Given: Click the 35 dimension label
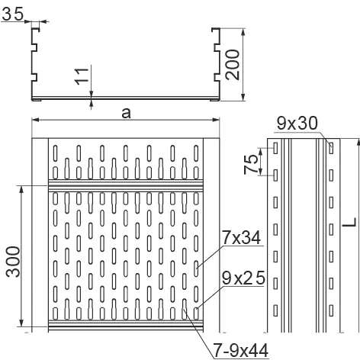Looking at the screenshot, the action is click(x=13, y=14).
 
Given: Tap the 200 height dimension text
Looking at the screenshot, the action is click(x=233, y=65).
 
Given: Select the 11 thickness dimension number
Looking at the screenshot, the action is click(x=82, y=76).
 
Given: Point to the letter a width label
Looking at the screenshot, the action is click(x=126, y=114).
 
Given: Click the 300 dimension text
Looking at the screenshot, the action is click(x=13, y=262).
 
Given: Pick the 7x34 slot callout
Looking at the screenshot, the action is click(x=242, y=238).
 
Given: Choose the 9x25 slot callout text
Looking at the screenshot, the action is click(x=243, y=278).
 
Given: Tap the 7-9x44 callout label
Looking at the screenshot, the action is click(x=240, y=350).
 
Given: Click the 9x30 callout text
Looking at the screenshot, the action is click(x=297, y=124).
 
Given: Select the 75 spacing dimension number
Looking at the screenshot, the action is click(x=251, y=164).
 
